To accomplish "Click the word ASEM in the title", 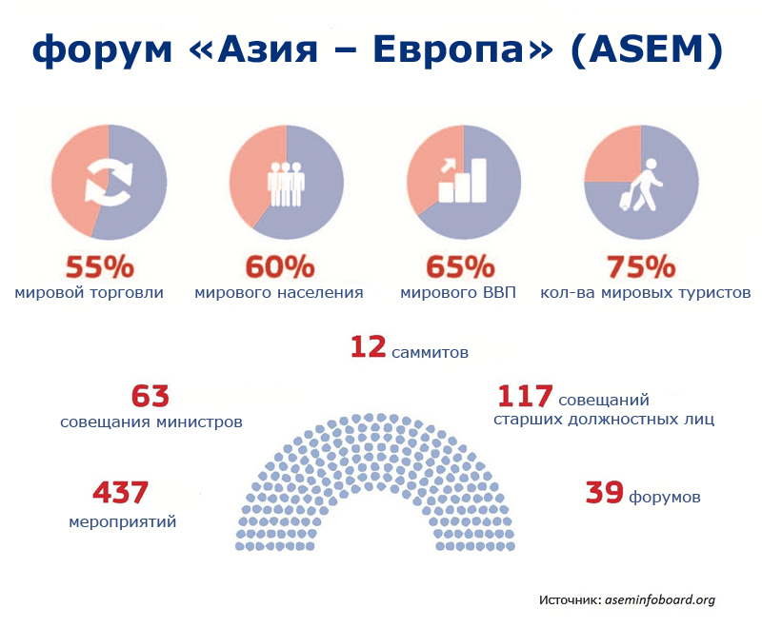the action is tap(647, 49).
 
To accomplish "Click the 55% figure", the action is tap(100, 266).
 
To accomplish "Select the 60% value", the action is tap(280, 266).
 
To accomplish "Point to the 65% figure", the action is tap(460, 266).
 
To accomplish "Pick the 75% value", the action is tap(641, 266).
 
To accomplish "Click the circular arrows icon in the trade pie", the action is tap(109, 183).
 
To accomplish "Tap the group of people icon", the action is tap(287, 184).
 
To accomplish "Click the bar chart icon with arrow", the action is tap(462, 180).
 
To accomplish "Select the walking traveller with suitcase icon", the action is tap(641, 185).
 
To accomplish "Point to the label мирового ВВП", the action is tap(458, 293).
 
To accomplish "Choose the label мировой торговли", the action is tap(89, 293).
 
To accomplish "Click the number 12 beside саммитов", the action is tap(368, 347).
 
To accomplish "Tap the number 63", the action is tap(150, 396).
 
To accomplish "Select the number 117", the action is tap(525, 396).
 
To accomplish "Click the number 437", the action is tap(120, 492).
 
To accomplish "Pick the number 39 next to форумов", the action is tap(604, 492).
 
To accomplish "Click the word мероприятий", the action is tap(123, 522).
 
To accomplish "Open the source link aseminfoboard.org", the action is tap(660, 600).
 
